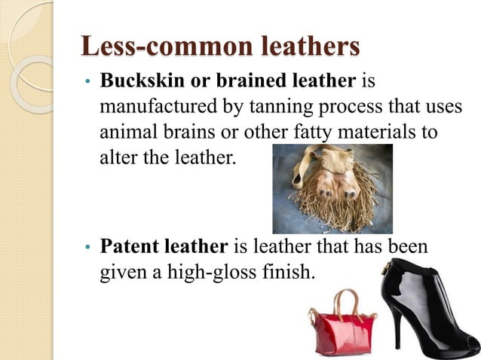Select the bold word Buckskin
136,81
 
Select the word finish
286,271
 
